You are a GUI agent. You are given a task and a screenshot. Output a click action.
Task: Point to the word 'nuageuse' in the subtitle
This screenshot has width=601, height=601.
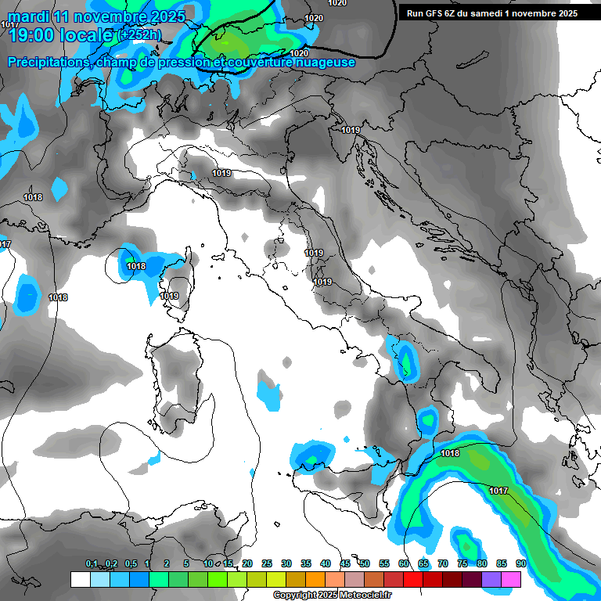[327, 62]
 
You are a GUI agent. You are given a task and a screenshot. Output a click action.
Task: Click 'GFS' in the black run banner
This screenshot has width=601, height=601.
[435, 13]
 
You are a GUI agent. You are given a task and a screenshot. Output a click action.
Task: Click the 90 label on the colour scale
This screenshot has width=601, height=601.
[520, 563]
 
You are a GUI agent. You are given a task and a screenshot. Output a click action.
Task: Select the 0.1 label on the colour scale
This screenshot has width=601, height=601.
[92, 563]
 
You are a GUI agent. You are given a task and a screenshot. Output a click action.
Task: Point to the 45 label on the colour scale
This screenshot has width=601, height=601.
[345, 563]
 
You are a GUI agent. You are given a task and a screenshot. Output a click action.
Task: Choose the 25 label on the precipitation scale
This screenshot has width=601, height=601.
[267, 563]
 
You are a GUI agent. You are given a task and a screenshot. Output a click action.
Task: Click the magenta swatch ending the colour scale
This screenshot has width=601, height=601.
[511, 579]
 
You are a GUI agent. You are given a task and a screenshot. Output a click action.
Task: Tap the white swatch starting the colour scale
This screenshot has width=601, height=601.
[80, 579]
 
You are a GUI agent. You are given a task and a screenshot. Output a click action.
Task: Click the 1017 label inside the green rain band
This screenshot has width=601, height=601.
[498, 491]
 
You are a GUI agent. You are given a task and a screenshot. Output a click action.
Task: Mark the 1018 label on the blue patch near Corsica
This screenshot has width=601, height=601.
[136, 266]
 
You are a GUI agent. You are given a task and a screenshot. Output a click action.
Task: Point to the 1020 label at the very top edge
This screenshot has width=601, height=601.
[337, 3]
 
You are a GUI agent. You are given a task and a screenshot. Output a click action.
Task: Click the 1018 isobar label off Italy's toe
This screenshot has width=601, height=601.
[450, 453]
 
